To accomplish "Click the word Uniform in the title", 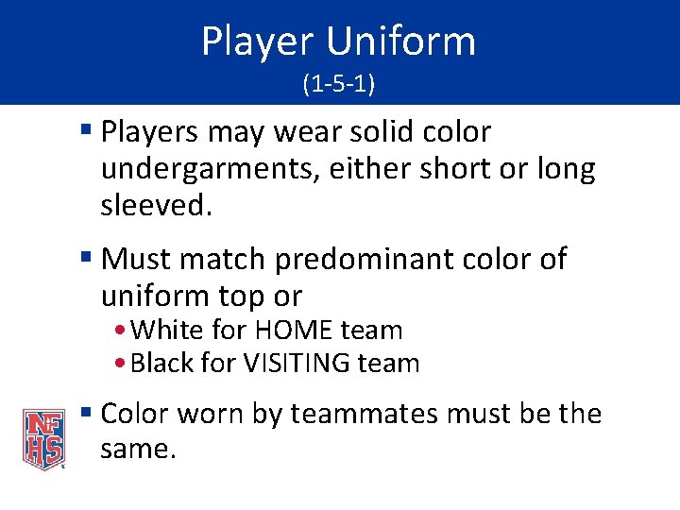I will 401,42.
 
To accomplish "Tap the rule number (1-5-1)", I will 339,85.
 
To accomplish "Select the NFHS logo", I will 43,438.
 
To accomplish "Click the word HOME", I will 293,331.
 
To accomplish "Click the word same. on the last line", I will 138,450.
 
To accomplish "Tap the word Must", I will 135,259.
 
